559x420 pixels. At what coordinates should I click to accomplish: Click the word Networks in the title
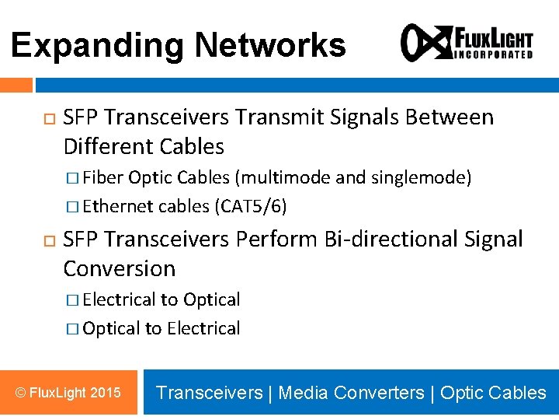(269, 45)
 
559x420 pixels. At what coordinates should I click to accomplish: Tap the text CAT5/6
(253, 206)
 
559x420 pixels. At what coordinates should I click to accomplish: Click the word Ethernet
(117, 206)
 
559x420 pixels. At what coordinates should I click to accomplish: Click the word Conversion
(120, 268)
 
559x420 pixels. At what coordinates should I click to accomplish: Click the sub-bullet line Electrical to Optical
(161, 299)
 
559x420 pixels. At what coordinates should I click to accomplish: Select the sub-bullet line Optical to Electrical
(161, 328)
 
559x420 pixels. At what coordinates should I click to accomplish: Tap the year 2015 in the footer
(106, 393)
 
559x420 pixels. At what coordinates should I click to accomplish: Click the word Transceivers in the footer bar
(209, 393)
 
